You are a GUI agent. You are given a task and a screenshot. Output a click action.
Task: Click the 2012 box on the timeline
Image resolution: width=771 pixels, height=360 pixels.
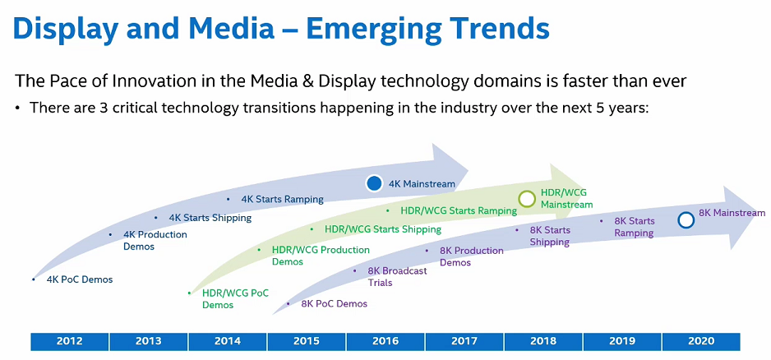pyautogui.click(x=70, y=341)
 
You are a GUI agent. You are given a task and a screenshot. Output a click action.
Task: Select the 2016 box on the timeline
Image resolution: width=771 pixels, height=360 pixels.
pyautogui.click(x=385, y=341)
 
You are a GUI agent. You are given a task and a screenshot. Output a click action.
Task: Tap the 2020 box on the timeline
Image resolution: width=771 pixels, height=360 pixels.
pyautogui.click(x=700, y=341)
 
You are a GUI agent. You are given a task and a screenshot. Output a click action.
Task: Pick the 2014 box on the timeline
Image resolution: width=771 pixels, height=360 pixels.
pyautogui.click(x=228, y=341)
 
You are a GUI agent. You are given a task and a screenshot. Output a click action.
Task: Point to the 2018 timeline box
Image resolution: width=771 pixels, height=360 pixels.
pyautogui.click(x=543, y=341)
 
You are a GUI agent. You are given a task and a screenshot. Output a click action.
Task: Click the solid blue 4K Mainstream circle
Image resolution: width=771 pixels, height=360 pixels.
pyautogui.click(x=375, y=184)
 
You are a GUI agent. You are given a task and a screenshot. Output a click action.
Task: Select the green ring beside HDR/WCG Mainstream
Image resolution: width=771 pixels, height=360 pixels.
pyautogui.click(x=528, y=198)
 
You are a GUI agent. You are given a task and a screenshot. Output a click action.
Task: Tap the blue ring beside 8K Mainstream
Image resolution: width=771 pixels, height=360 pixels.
pyautogui.click(x=686, y=220)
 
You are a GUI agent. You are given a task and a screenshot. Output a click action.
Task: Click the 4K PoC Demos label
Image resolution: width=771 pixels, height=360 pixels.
pyautogui.click(x=80, y=279)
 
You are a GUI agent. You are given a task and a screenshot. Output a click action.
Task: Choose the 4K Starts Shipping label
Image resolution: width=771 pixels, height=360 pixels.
pyautogui.click(x=210, y=218)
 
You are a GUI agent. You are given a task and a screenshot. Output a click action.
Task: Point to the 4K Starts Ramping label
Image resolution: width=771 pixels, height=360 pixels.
pyautogui.click(x=282, y=199)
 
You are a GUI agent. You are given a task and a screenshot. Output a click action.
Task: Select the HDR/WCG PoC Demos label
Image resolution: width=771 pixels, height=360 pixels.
pyautogui.click(x=235, y=298)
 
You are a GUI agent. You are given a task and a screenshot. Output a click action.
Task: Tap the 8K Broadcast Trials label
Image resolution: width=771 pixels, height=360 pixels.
pyautogui.click(x=397, y=276)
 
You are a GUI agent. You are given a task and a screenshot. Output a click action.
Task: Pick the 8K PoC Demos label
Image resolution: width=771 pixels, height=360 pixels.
pyautogui.click(x=334, y=303)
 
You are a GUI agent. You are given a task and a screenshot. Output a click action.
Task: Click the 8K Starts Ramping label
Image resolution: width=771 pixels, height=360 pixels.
pyautogui.click(x=635, y=227)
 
